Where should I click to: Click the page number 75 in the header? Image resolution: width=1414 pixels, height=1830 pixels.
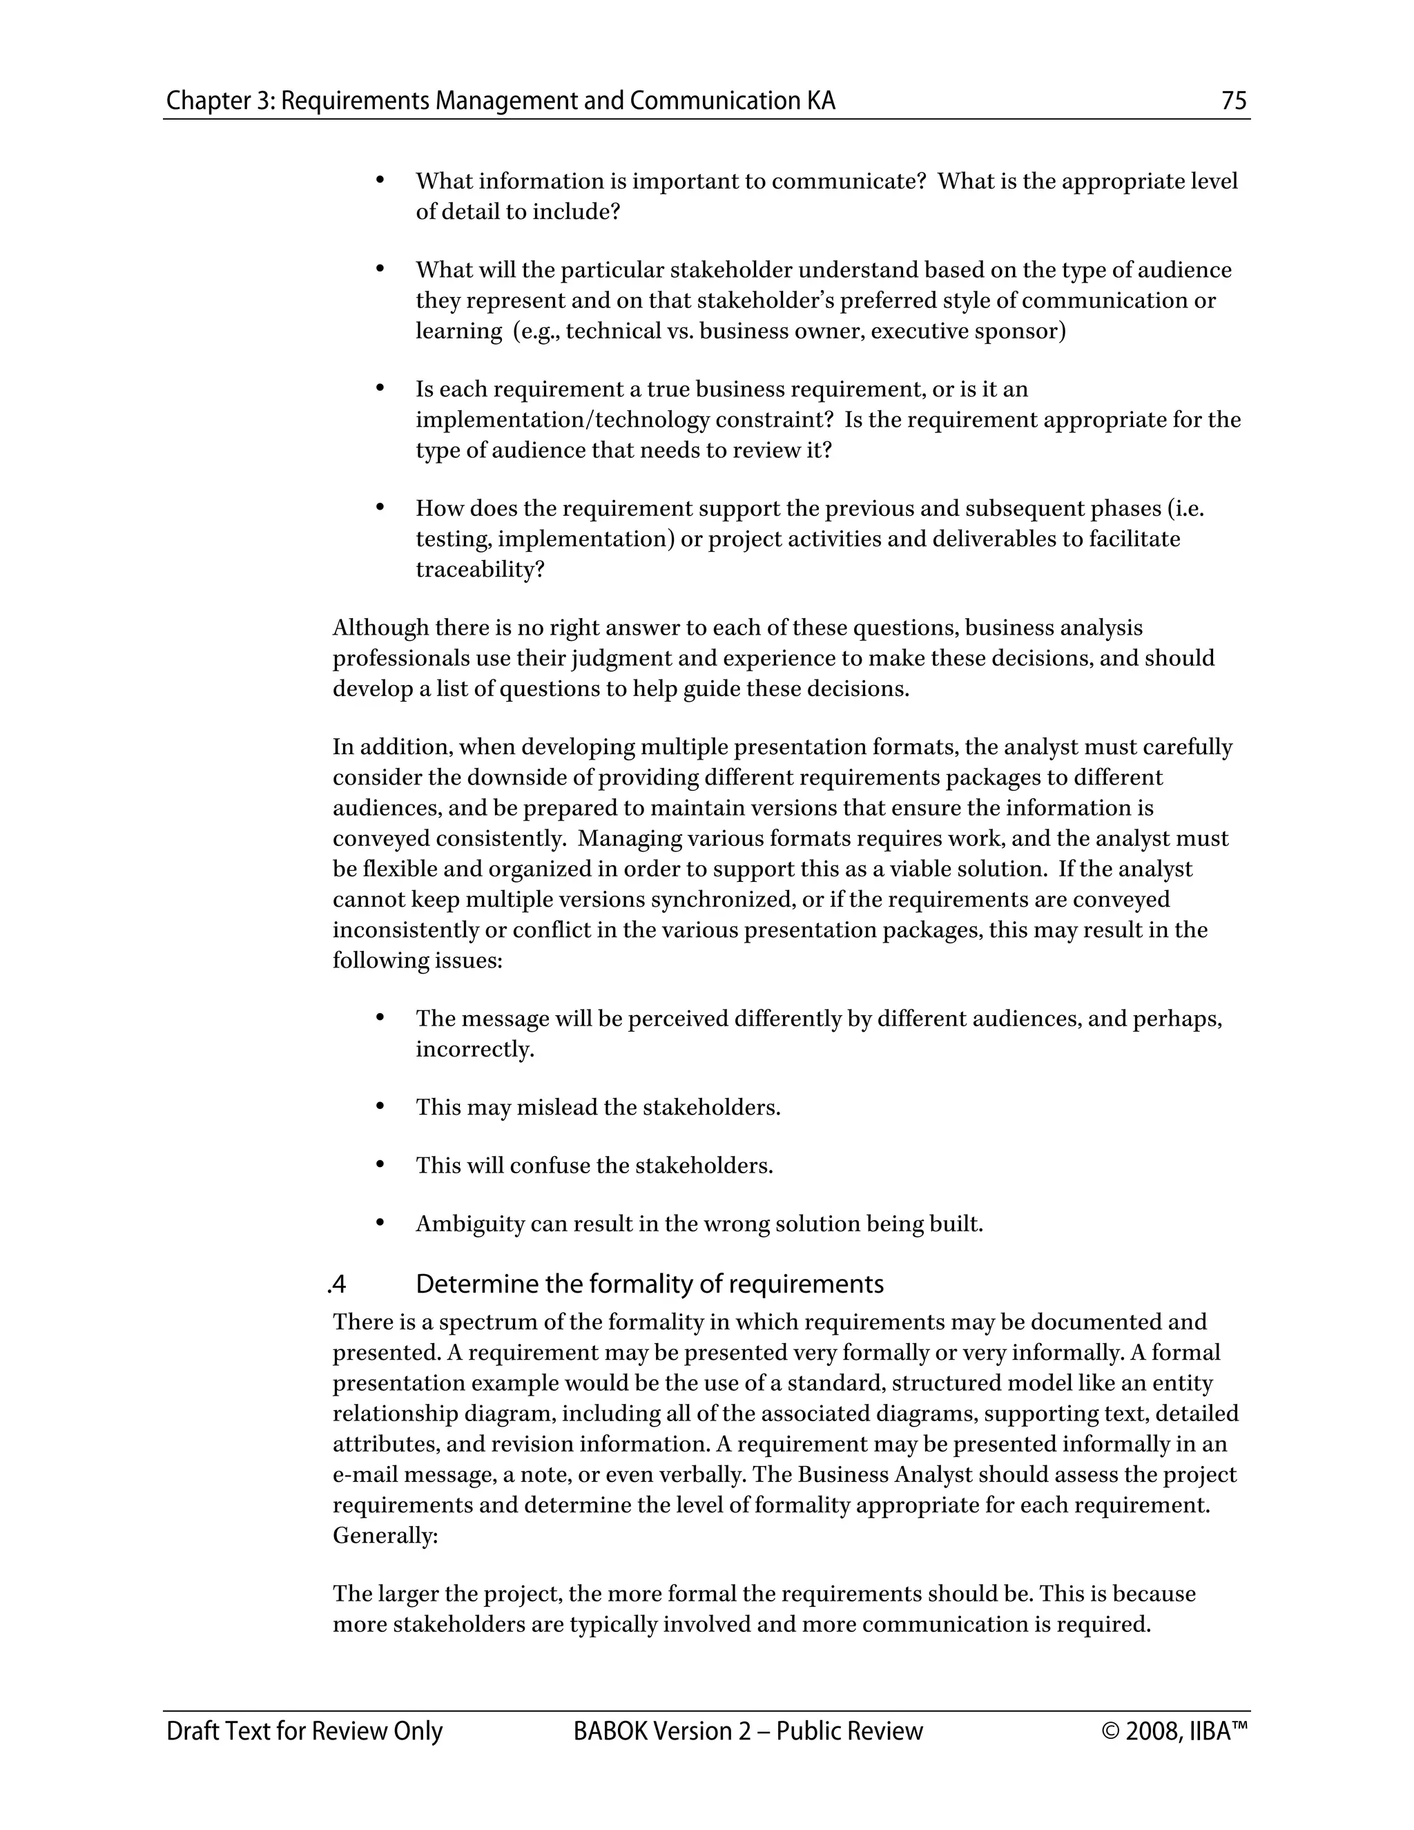click(x=1234, y=102)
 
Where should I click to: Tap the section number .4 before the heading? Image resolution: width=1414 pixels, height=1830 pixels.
click(x=337, y=1284)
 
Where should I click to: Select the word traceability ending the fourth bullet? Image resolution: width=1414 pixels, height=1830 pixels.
click(x=479, y=570)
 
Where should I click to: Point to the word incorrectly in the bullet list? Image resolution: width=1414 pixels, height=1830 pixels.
click(x=474, y=1049)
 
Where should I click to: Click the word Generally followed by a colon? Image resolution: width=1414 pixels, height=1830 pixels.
click(x=384, y=1535)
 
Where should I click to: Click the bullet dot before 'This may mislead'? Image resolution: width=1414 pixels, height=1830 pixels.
click(x=380, y=1106)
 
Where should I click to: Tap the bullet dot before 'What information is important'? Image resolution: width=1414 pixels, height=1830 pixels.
click(x=380, y=180)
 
